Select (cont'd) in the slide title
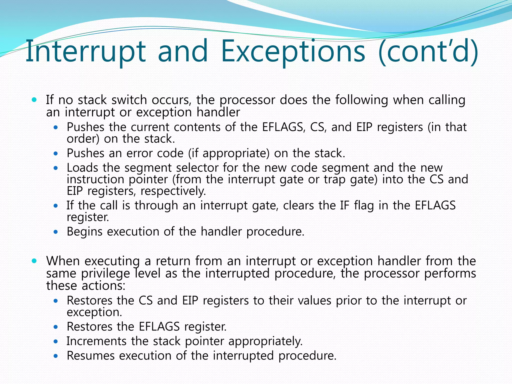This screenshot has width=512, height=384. pyautogui.click(x=428, y=51)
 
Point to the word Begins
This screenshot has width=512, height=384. pyautogui.click(x=84, y=231)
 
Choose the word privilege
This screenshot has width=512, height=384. pyautogui.click(x=105, y=273)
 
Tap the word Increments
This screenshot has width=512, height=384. pyautogui.click(x=96, y=341)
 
